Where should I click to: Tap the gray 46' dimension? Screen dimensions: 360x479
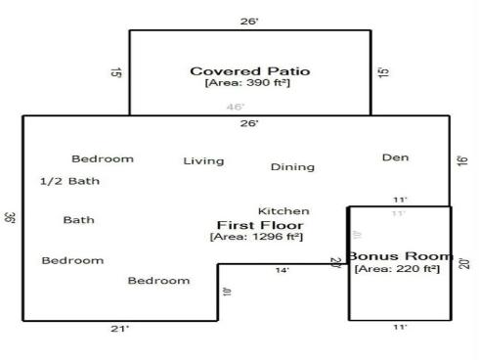pos(236,108)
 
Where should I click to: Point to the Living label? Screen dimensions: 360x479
pos(203,161)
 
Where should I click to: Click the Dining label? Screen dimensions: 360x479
pos(292,167)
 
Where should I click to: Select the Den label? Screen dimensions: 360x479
pos(395,157)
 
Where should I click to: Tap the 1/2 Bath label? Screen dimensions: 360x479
pos(69,181)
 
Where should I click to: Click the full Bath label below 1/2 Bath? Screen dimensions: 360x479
pos(78,220)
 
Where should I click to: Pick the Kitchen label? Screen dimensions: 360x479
pos(283,211)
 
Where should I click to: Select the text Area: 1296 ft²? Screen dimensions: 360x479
pos(257,237)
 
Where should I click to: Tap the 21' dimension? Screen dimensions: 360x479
pos(119,330)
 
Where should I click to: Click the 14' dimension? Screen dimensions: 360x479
pos(282,271)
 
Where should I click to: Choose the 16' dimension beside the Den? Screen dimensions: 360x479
pos(462,160)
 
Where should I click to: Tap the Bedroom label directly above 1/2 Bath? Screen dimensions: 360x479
pos(103,158)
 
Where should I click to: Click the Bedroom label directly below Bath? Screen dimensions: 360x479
pos(72,260)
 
